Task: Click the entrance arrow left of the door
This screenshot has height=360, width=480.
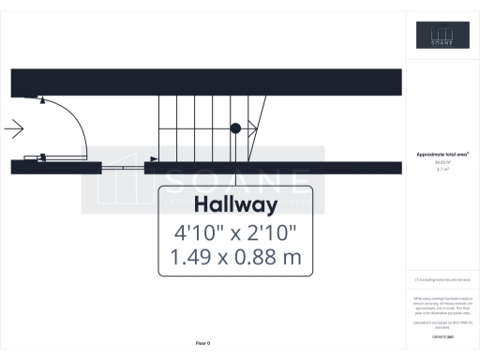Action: click(14, 128)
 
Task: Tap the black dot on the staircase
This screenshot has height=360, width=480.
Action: click(236, 127)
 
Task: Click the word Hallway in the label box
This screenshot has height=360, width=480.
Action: click(234, 205)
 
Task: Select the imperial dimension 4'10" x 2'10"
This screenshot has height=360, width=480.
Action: click(234, 231)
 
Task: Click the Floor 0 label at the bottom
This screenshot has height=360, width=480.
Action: click(202, 344)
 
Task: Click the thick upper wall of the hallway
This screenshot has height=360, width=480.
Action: click(206, 82)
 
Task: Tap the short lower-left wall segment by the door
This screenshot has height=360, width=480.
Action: click(56, 167)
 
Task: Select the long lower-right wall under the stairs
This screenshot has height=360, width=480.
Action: click(272, 167)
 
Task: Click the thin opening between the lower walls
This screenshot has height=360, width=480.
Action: click(123, 167)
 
